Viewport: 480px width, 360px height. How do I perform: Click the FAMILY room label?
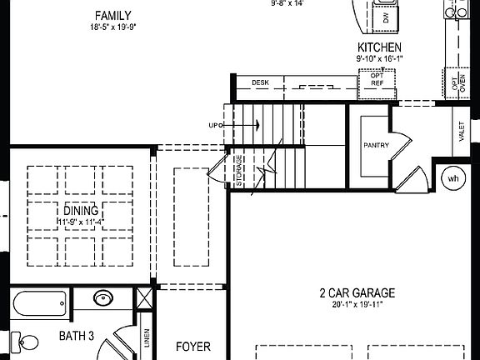click(x=112, y=16)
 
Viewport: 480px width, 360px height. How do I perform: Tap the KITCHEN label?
click(x=379, y=47)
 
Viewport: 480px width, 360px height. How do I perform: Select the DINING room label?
click(x=80, y=210)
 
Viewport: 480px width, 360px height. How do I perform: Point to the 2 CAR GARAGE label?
click(x=357, y=293)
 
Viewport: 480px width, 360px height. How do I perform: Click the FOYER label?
click(x=192, y=347)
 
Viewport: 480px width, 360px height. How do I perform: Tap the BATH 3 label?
click(x=76, y=336)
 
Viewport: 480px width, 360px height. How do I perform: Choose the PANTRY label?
click(x=376, y=145)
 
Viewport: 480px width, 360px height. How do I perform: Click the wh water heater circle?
click(x=453, y=177)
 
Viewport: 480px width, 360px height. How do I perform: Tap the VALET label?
click(x=461, y=131)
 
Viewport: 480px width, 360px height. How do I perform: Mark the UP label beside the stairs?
click(x=214, y=125)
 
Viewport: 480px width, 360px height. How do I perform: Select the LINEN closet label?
click(x=147, y=337)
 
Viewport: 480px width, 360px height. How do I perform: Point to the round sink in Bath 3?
click(x=104, y=298)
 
